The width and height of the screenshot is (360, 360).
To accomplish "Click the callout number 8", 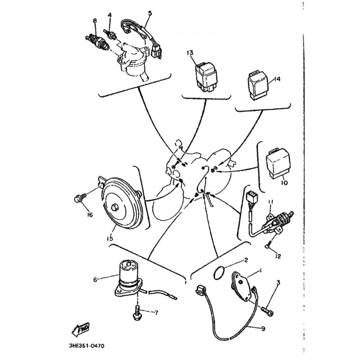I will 95,21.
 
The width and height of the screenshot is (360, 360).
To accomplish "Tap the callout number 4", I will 109,17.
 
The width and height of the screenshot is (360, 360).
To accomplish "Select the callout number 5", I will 150,13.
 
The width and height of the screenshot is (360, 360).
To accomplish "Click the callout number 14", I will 277,79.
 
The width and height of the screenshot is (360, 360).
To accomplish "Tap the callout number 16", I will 90,215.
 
